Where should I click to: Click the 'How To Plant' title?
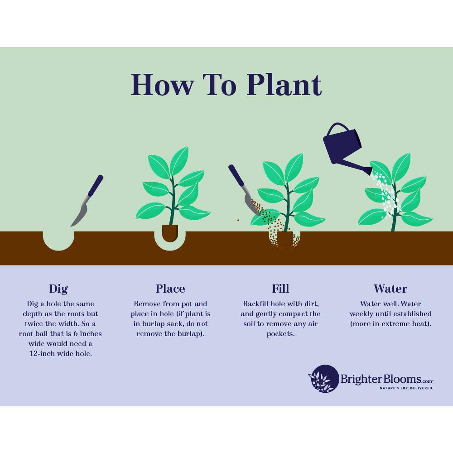coord(226,85)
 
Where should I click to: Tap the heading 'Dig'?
coord(58,289)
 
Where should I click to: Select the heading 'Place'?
coord(170,289)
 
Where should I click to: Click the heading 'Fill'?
coord(280,289)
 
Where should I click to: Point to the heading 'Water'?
coord(390,289)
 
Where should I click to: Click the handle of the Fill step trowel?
coord(236,175)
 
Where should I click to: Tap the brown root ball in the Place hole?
coord(170,233)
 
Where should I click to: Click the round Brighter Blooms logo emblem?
coord(324,379)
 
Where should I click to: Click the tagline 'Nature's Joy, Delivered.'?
coord(406,388)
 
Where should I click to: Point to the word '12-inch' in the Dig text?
coord(42,353)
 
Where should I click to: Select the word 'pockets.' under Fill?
coord(280,333)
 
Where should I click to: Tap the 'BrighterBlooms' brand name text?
coord(381,379)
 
